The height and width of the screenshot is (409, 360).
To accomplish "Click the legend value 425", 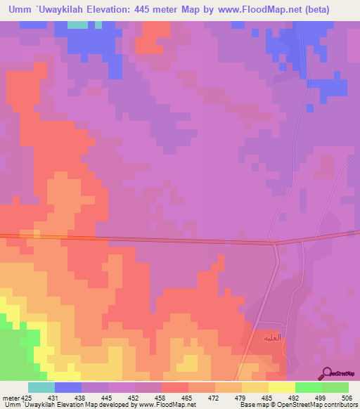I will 27,398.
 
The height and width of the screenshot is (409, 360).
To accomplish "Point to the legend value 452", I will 135,398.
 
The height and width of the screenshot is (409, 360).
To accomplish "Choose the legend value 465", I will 188,398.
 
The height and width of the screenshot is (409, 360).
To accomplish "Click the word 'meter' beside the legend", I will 10,398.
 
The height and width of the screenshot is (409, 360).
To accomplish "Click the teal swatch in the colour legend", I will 41,387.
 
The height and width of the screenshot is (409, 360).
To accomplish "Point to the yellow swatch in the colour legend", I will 281,387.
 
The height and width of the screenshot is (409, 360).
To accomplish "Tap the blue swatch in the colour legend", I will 68,387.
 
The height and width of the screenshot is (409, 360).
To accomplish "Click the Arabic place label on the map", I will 271,338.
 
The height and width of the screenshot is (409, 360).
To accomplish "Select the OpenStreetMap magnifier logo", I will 327,372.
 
